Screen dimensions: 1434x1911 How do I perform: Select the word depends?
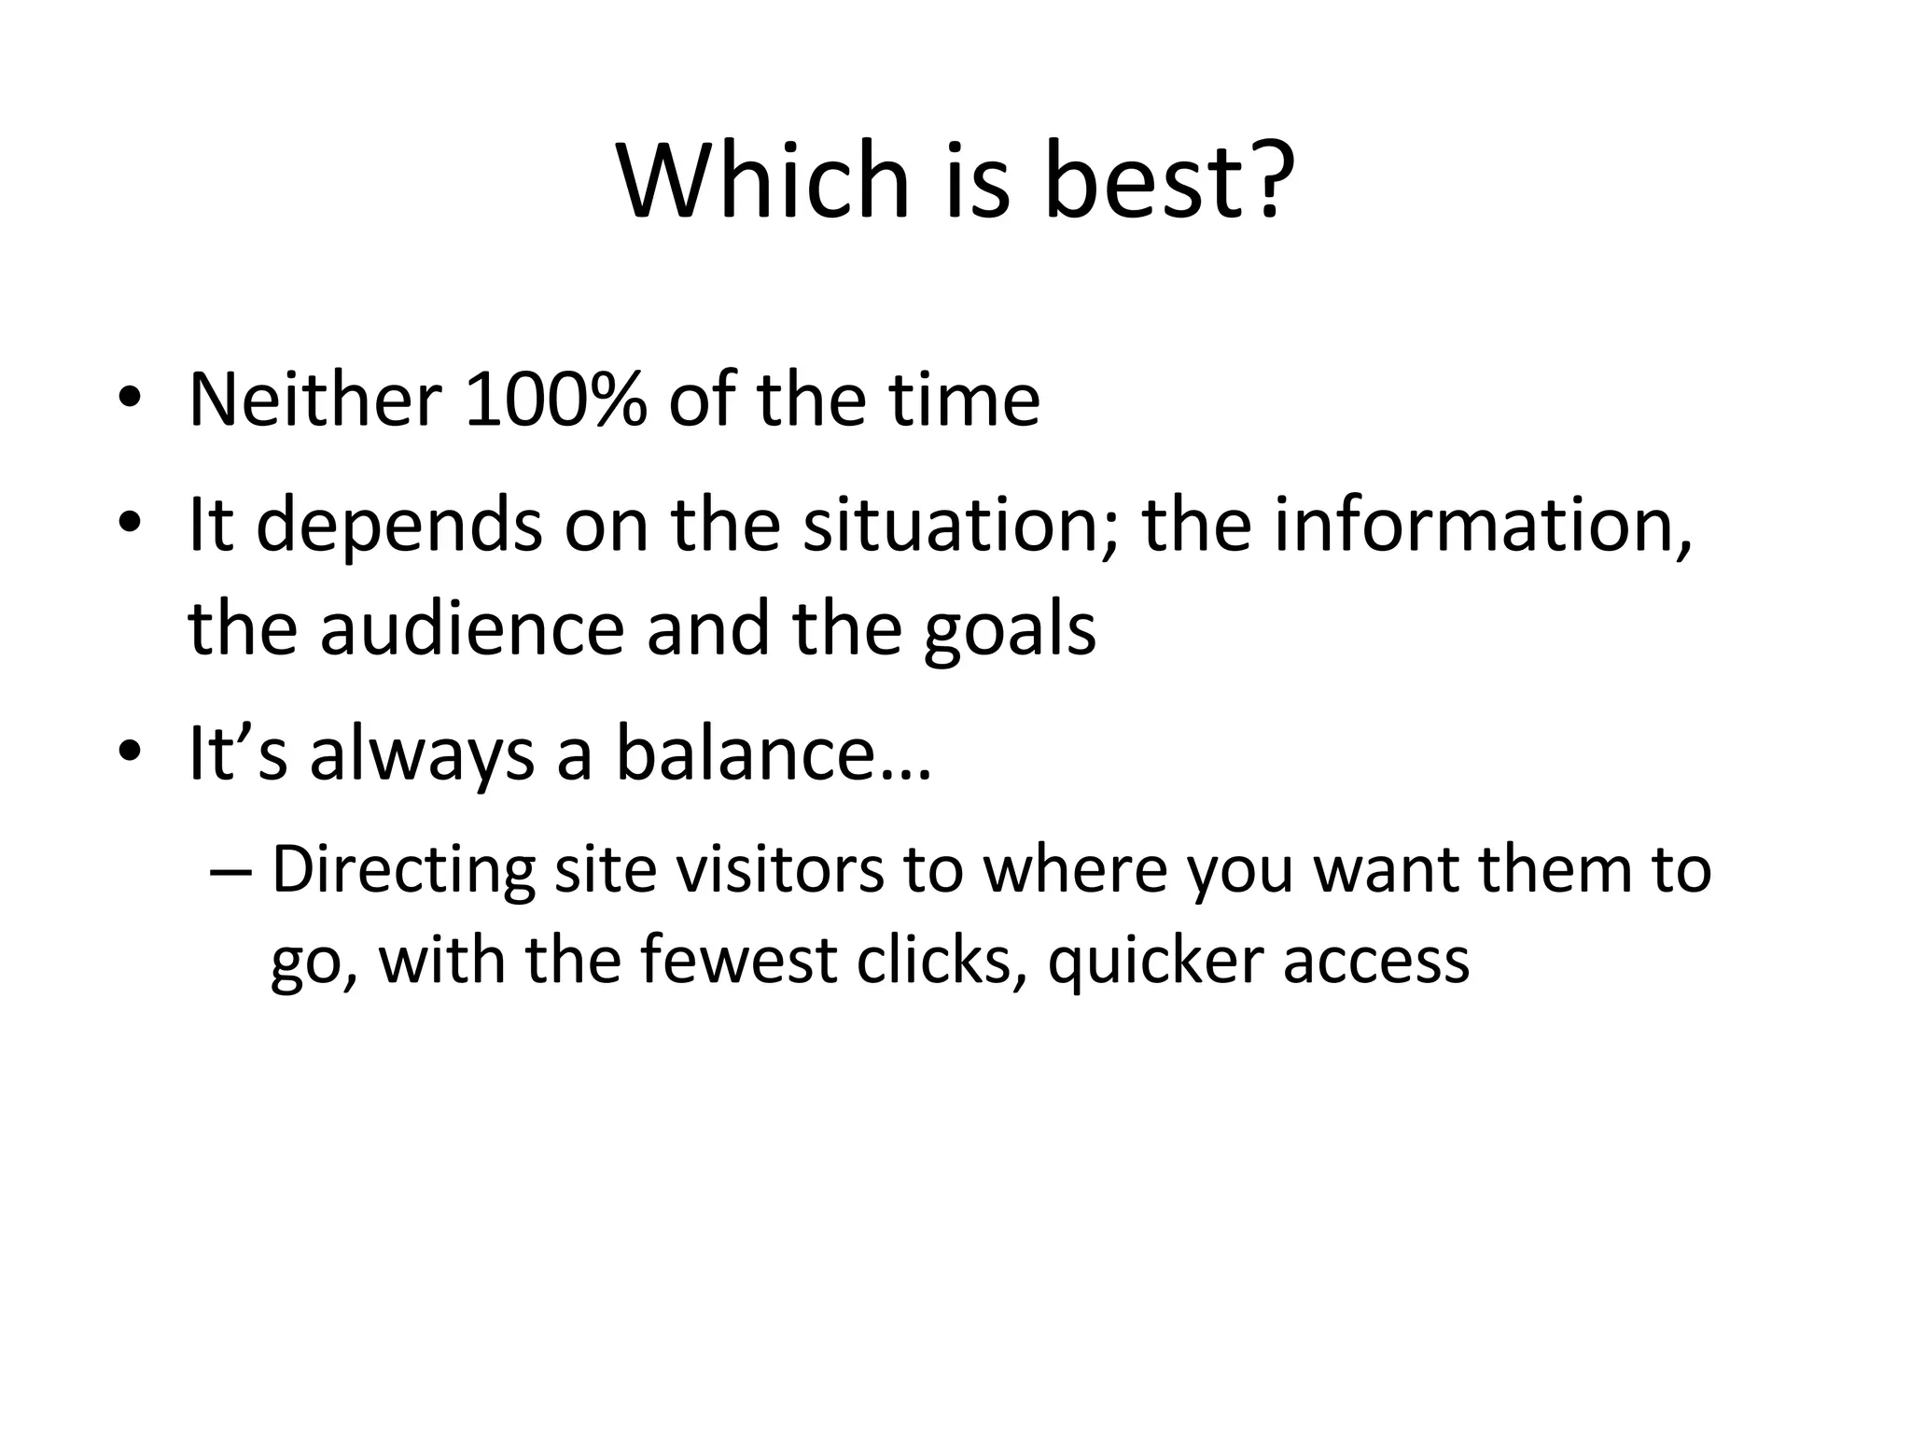click(x=398, y=525)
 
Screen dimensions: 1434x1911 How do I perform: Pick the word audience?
click(x=471, y=627)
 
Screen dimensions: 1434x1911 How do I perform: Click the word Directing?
click(x=403, y=870)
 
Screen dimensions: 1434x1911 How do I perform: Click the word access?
click(x=1376, y=962)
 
